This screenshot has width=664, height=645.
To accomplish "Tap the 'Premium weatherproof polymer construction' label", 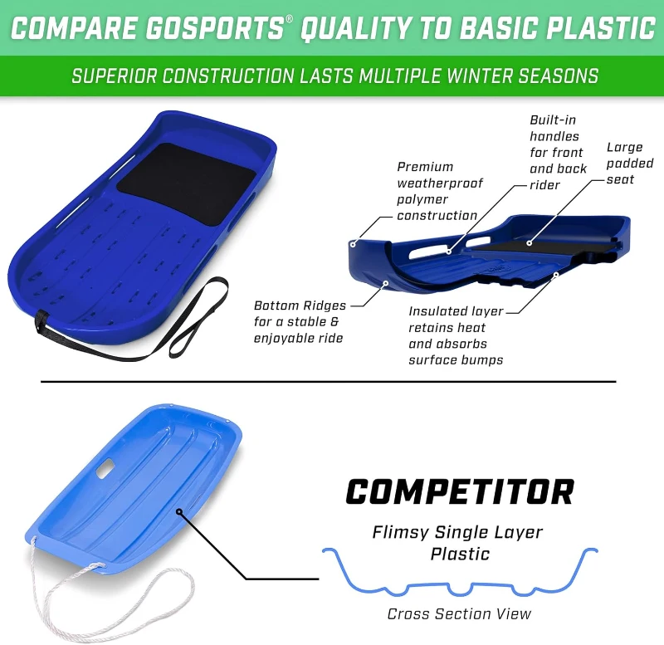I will click(x=438, y=191).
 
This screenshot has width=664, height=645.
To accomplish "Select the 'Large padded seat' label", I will click(x=630, y=163).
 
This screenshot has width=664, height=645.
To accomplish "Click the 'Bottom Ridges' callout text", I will click(x=299, y=321).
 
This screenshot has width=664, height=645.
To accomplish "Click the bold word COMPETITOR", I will click(x=459, y=491).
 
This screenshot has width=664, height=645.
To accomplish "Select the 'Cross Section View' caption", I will click(x=459, y=614).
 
